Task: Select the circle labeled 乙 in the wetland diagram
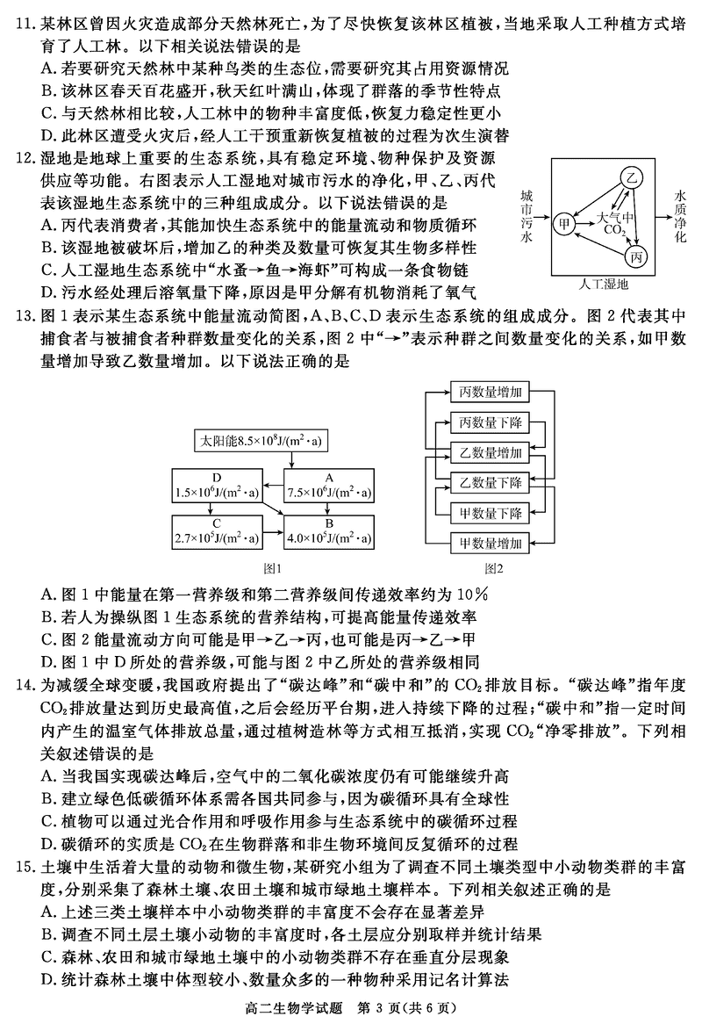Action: click(x=629, y=177)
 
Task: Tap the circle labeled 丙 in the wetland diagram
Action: click(x=635, y=256)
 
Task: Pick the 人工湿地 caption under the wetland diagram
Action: click(x=605, y=285)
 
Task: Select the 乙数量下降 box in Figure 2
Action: click(x=491, y=482)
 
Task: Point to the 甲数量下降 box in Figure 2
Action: click(x=491, y=512)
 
